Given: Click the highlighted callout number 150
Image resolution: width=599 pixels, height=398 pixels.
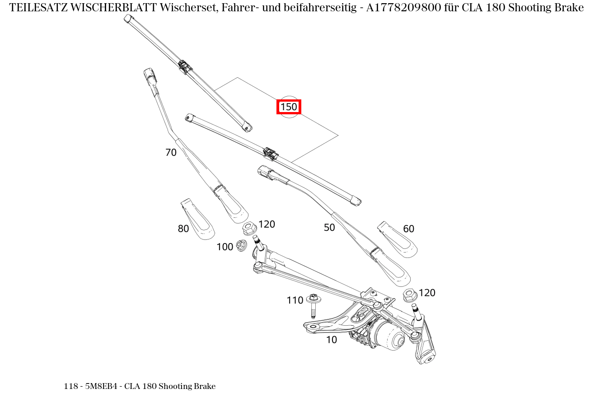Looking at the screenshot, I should point(289,107).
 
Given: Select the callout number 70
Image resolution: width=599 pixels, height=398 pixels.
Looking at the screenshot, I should point(171,153).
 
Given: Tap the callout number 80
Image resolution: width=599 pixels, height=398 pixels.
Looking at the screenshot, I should point(183,229).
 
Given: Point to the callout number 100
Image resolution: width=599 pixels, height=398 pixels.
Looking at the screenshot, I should point(225,247).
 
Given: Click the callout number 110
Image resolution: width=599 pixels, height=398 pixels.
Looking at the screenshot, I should point(295,300).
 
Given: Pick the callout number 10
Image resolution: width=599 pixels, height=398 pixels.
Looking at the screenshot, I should point(332,340).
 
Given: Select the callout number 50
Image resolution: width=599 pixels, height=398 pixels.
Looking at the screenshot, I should point(329,228).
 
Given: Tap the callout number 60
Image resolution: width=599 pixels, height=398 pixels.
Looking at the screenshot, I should point(408,229).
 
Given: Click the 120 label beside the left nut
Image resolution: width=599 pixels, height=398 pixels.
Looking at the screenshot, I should point(267,225).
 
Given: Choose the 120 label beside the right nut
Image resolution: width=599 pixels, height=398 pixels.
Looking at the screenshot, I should point(427,293).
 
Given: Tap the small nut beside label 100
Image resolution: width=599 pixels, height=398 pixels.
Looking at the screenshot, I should point(241,245).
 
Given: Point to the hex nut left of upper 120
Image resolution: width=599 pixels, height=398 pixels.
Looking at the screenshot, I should point(249,228).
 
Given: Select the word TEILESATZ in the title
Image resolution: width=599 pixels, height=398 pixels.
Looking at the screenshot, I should point(38,8).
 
